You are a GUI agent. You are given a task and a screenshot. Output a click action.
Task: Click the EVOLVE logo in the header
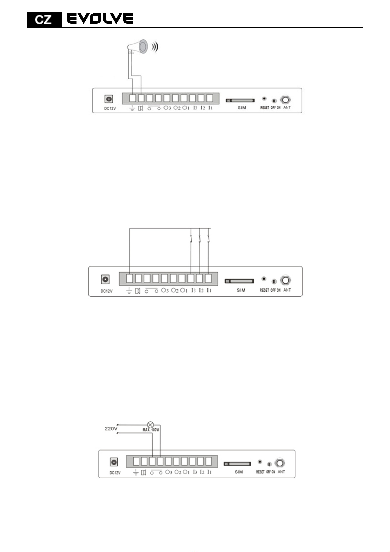click(x=100, y=19)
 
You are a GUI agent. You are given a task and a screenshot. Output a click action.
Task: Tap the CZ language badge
click(x=44, y=20)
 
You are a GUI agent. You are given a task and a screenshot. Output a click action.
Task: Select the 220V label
click(x=111, y=428)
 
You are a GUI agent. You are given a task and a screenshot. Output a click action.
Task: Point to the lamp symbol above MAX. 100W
click(x=151, y=425)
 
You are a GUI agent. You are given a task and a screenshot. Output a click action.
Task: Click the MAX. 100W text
click(x=151, y=430)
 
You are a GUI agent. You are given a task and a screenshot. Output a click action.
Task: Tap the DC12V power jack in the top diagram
click(x=109, y=99)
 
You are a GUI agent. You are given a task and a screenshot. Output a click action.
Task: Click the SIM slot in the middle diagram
click(x=239, y=281)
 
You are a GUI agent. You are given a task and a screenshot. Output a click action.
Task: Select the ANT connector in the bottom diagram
click(x=280, y=463)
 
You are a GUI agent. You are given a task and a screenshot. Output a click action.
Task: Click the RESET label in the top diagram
click(x=265, y=108)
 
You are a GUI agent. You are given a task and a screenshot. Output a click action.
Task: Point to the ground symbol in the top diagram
click(x=132, y=108)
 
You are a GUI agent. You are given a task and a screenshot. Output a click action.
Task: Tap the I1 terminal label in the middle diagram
click(x=209, y=290)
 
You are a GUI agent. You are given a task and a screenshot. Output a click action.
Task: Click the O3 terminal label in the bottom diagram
click(x=169, y=472)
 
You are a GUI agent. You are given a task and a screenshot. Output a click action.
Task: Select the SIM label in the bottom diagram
click(x=239, y=472)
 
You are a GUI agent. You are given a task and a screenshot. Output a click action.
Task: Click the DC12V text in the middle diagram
click(x=106, y=291)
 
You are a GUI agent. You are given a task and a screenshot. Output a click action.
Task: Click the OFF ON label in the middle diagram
click(x=275, y=290)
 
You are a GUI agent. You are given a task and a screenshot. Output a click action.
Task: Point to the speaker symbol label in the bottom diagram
click(x=143, y=472)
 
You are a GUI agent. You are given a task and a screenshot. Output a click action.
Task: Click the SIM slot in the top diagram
click(x=240, y=100)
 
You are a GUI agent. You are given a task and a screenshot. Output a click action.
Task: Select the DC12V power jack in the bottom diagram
click(x=114, y=462)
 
